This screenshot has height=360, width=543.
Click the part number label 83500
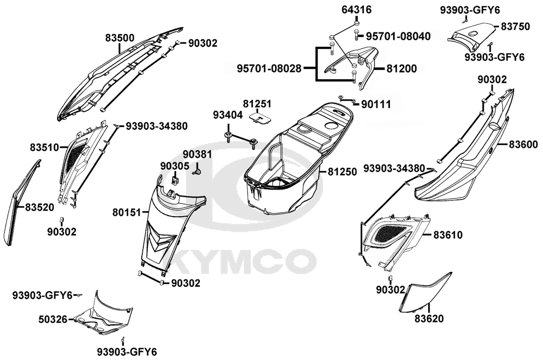point(119,39)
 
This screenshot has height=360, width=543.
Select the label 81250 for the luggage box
point(342,172)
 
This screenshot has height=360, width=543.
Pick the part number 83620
point(430,318)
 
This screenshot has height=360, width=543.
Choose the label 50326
point(53,319)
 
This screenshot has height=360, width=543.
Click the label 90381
point(197,155)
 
